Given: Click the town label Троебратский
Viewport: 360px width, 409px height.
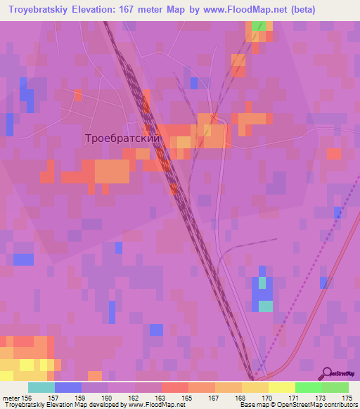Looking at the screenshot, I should (123, 139).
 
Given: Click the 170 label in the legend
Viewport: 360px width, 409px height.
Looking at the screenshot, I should (267, 398).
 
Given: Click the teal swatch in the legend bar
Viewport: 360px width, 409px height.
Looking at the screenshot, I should (41, 387).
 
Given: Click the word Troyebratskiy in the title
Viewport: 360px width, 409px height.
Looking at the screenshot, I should (36, 10).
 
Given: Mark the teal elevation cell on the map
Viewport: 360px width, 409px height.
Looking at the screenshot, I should (264, 306).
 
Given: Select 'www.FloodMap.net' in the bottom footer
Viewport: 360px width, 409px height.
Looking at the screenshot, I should (153, 405).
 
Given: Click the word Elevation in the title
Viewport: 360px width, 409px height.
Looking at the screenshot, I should (94, 10).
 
